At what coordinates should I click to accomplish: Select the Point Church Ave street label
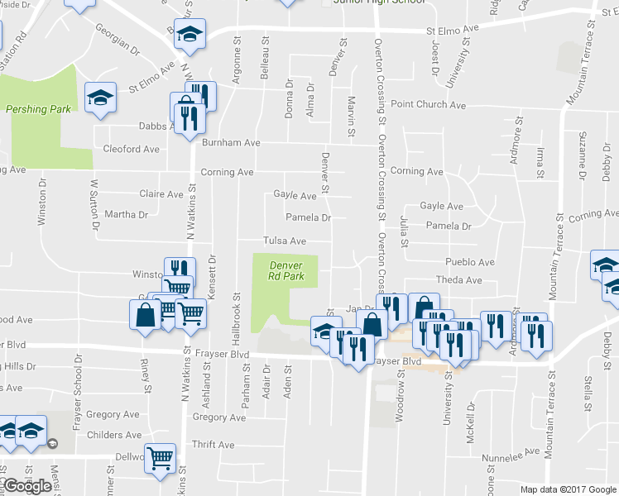coord(428,105)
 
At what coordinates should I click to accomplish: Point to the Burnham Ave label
coord(231,142)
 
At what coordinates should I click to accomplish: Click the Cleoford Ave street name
coord(131,149)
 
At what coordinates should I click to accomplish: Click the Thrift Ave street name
coord(214,445)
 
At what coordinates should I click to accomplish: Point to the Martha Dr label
coord(126,214)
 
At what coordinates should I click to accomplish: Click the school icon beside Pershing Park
coord(101,98)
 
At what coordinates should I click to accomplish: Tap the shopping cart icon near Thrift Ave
coord(161,456)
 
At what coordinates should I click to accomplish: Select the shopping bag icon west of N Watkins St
coord(145,314)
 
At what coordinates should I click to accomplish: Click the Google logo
coord(28,486)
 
